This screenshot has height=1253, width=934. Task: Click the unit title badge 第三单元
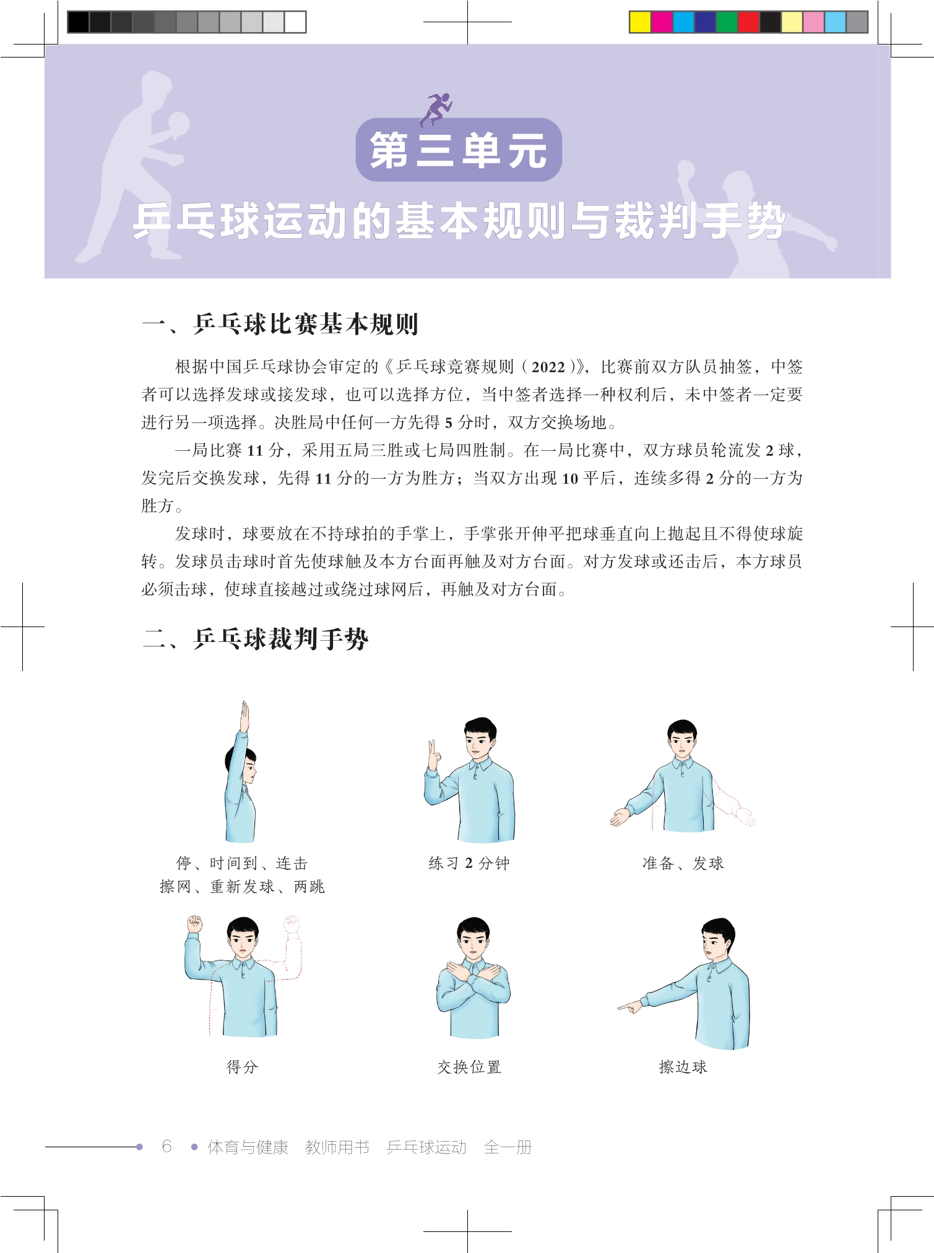[x=459, y=150]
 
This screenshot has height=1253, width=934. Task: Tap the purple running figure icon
[x=436, y=109]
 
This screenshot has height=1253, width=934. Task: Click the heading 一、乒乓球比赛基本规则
[x=280, y=324]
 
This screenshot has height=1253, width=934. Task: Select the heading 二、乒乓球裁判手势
[x=255, y=639]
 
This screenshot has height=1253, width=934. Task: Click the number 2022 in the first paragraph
[x=548, y=367]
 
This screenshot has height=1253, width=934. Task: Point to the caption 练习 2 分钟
[x=469, y=863]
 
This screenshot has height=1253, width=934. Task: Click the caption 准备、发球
[x=683, y=863]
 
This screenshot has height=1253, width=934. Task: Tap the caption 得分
[x=242, y=1067]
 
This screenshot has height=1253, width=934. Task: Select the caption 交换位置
[x=469, y=1067]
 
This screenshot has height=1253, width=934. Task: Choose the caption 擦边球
[x=683, y=1067]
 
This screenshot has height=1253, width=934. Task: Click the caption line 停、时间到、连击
[x=242, y=863]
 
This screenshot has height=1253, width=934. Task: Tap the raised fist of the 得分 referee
[x=195, y=925]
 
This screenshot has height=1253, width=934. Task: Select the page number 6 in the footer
[x=166, y=1147]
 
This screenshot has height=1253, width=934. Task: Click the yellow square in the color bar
[x=640, y=22]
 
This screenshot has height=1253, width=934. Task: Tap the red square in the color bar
[x=748, y=22]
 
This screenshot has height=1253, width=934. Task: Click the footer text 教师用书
[x=337, y=1147]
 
